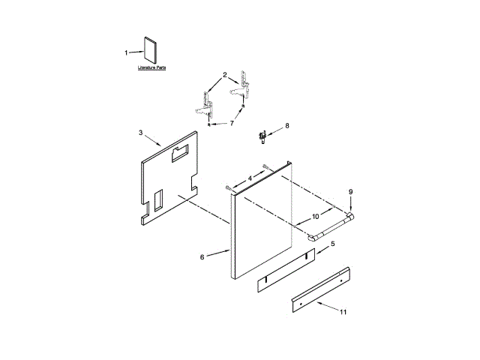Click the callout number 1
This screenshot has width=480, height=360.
pyautogui.click(x=127, y=52)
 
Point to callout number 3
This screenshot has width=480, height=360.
pyautogui.click(x=141, y=133)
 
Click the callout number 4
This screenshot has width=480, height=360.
pyautogui.click(x=250, y=178)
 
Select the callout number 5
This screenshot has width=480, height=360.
pyautogui.click(x=333, y=244)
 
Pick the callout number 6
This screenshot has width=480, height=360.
pyautogui.click(x=202, y=257)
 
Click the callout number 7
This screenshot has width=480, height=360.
pyautogui.click(x=232, y=122)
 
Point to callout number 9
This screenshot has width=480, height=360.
pyautogui.click(x=350, y=192)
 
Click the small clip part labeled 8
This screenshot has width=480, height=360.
pyautogui.click(x=263, y=136)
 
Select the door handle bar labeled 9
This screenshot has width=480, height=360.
pyautogui.click(x=330, y=226)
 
